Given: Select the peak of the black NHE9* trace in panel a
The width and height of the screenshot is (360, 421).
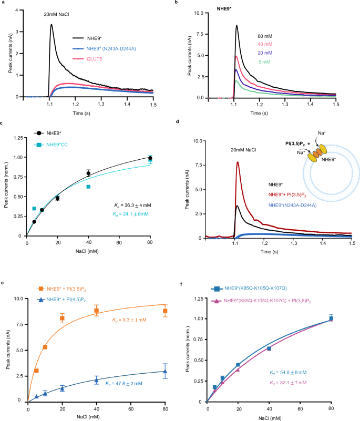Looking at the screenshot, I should pos(51,24).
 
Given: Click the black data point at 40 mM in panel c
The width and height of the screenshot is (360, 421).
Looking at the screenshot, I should pos(88,173).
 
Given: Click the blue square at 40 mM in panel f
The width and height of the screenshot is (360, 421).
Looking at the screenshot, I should pos(269,348).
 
